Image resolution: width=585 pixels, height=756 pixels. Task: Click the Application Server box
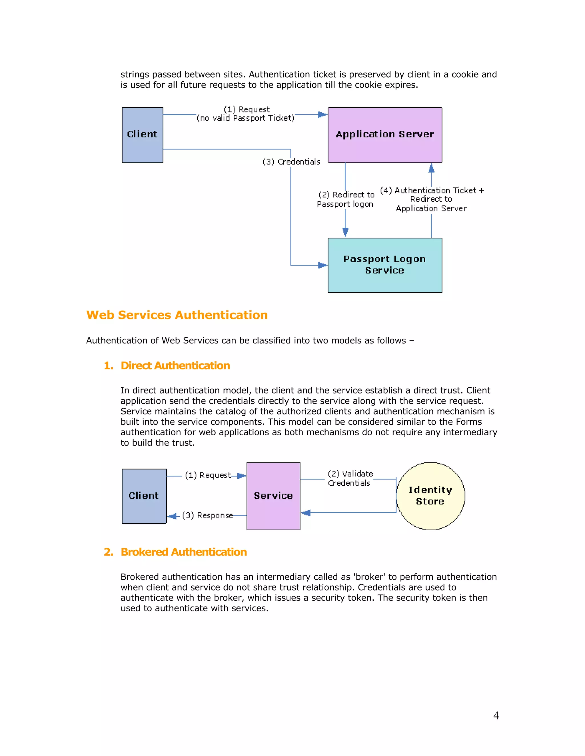385,135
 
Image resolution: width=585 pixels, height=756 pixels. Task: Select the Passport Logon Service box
385,265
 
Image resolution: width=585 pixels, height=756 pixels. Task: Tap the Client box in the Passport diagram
142,135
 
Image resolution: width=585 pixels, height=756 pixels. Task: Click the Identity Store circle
430,496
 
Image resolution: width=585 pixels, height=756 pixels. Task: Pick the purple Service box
273,496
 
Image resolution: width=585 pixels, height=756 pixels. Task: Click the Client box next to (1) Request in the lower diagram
144,496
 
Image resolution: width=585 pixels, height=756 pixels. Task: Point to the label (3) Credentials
291,162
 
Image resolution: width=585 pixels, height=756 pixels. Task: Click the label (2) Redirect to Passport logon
346,199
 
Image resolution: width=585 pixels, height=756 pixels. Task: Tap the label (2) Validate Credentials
350,478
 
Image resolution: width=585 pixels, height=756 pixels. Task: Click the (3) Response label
207,516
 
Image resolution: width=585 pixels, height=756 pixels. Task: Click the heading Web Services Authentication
177,315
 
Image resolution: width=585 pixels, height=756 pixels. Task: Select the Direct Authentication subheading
175,365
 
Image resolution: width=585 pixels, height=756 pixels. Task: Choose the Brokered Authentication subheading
183,552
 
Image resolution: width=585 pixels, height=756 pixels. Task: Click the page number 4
496,715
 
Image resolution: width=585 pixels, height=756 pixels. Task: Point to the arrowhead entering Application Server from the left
322,115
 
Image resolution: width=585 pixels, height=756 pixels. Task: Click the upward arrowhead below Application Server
431,168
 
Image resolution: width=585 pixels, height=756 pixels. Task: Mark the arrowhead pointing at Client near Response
172,516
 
